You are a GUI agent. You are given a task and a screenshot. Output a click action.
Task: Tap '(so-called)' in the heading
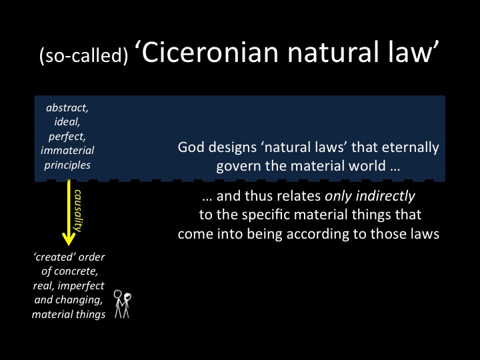(83, 55)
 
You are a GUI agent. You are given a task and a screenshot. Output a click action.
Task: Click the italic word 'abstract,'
(67, 108)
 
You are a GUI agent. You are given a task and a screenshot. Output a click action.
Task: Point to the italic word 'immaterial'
(67, 150)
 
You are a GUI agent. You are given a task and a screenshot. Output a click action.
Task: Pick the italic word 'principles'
(67, 165)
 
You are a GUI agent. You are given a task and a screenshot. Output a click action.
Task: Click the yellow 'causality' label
(78, 211)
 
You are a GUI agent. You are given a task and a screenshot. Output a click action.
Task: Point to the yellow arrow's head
(69, 239)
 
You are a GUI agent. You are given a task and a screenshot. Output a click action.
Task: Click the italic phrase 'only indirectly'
(370, 196)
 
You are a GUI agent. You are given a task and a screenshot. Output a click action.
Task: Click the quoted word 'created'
(54, 257)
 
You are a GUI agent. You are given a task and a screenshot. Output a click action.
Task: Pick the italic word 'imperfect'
(81, 285)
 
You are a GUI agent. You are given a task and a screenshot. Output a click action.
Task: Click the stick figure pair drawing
(123, 304)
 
